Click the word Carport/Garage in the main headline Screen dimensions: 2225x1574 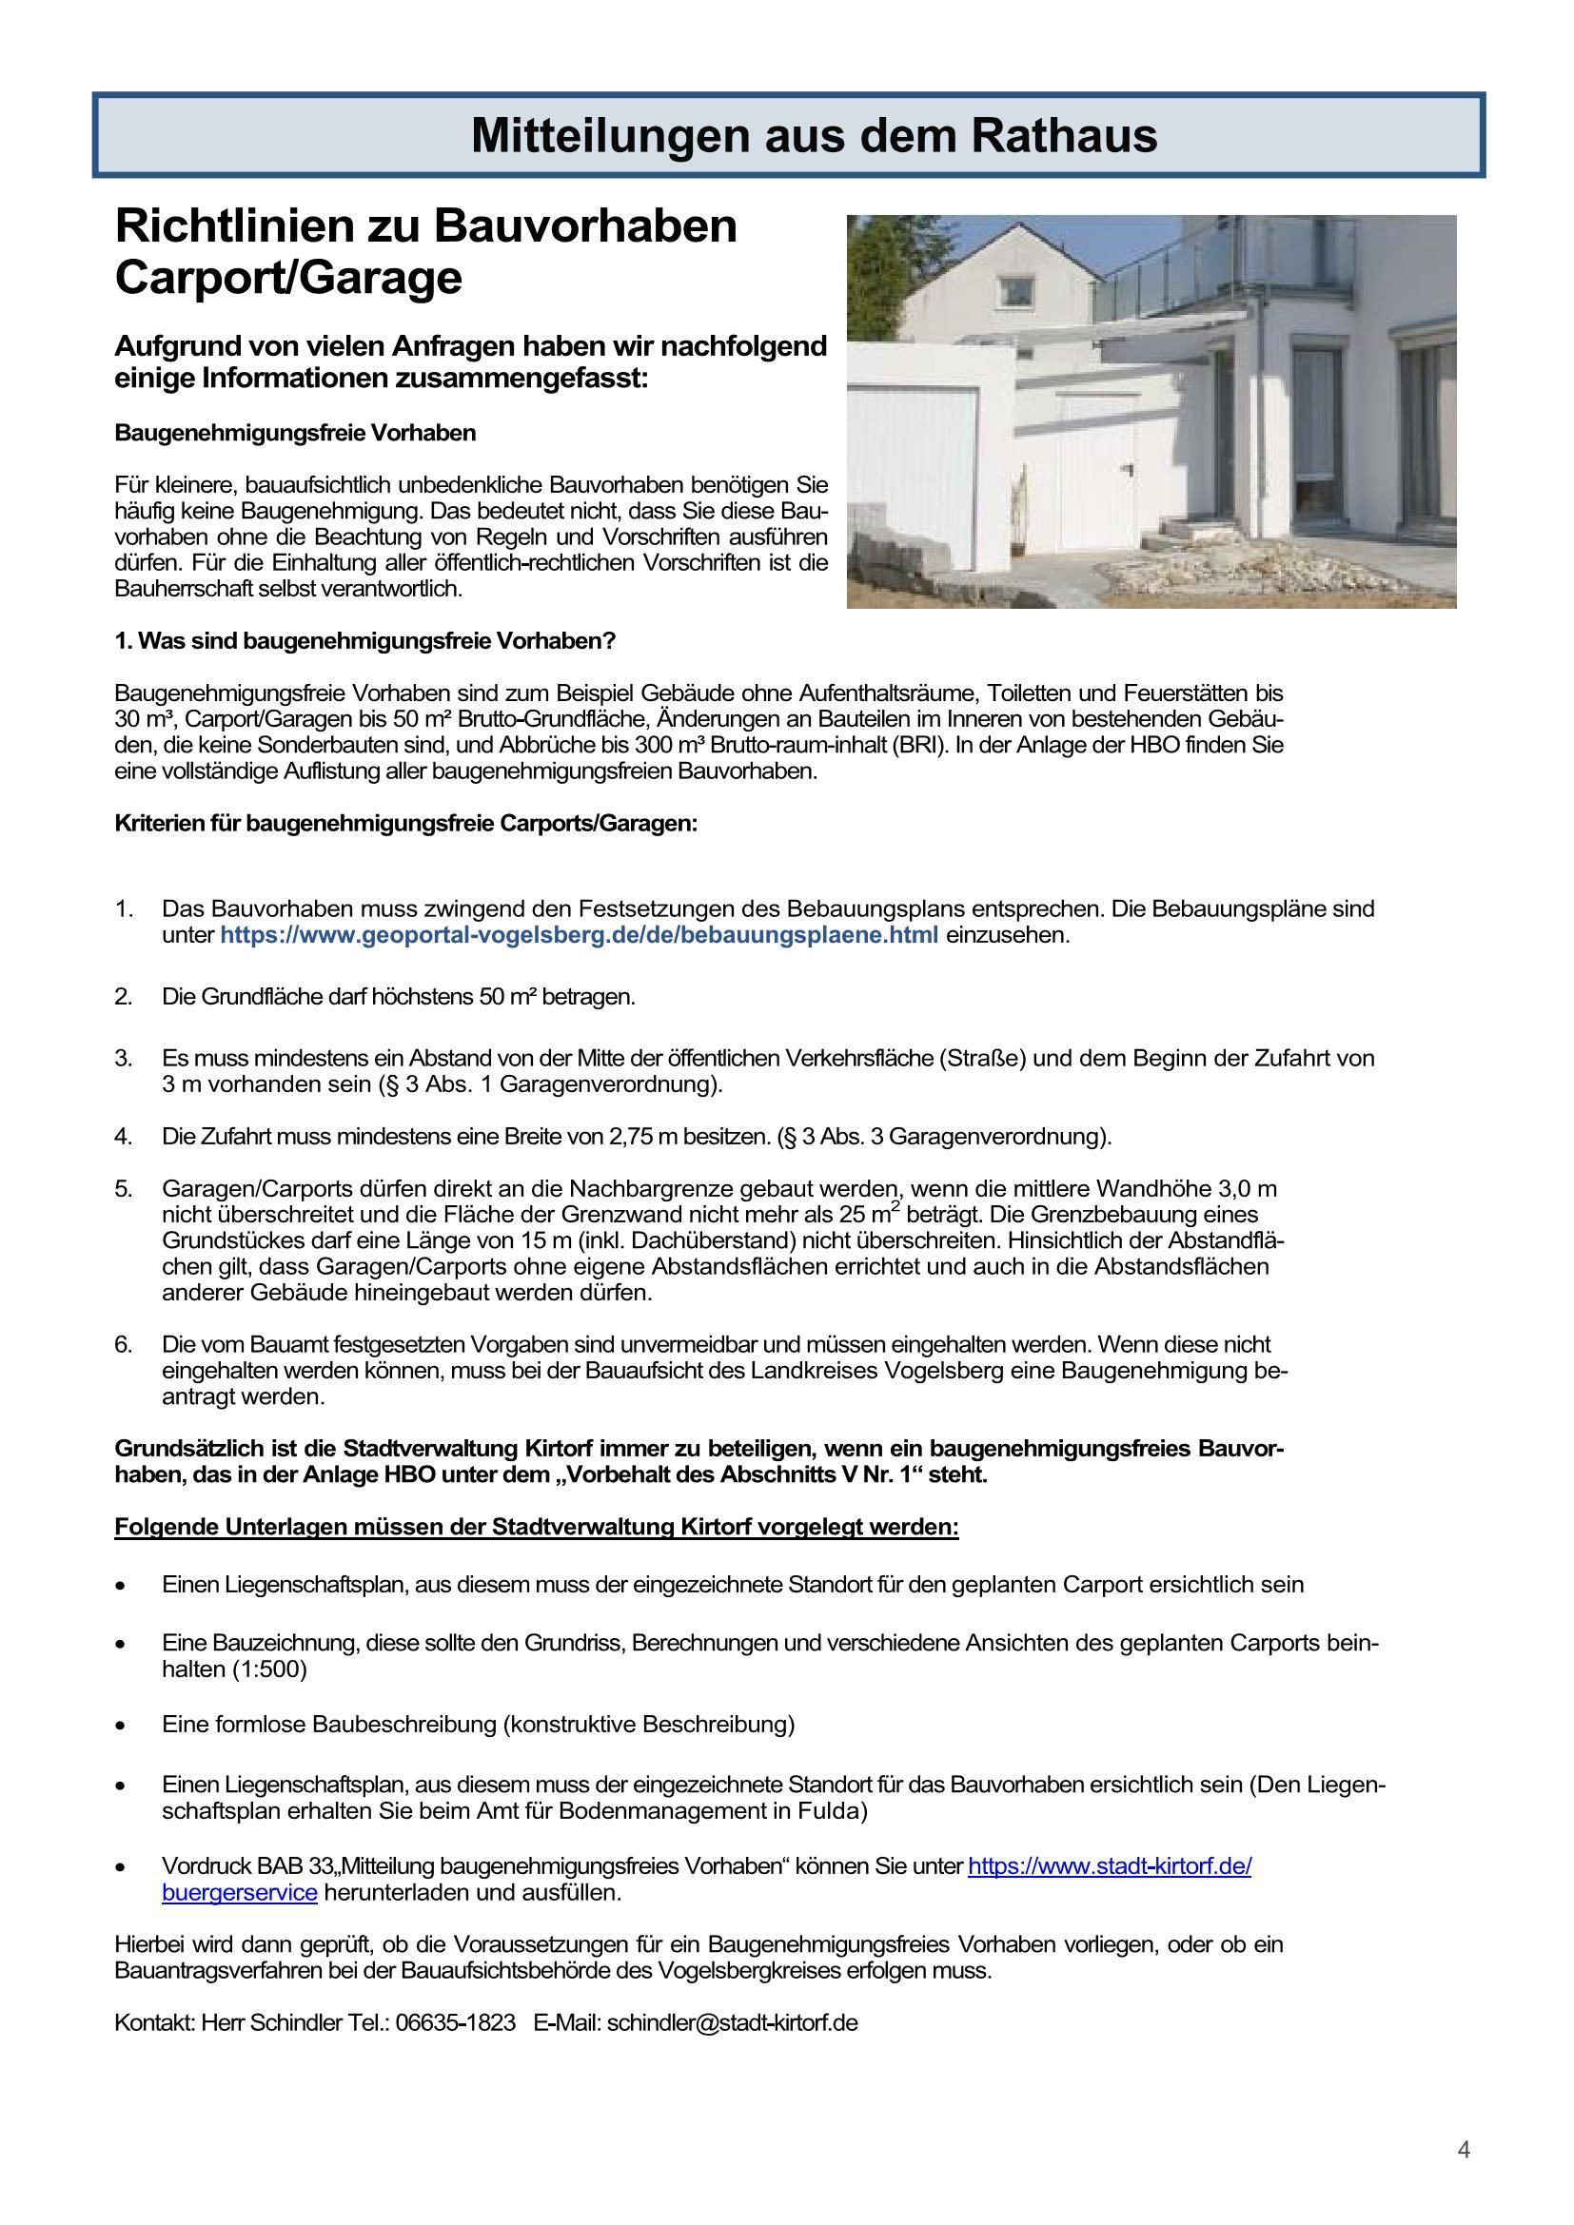pos(287,278)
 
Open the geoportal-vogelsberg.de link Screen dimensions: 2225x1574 pos(579,936)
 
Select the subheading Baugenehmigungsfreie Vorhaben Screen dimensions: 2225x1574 pos(295,433)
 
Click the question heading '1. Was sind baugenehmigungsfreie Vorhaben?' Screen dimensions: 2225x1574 pos(364,641)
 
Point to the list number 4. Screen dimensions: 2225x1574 pos(123,1136)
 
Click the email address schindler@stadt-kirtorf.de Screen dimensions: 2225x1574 pos(732,2023)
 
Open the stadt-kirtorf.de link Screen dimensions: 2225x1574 pos(1109,1866)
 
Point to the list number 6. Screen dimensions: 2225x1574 pos(123,1345)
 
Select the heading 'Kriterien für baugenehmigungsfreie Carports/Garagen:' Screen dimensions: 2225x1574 pos(405,824)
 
